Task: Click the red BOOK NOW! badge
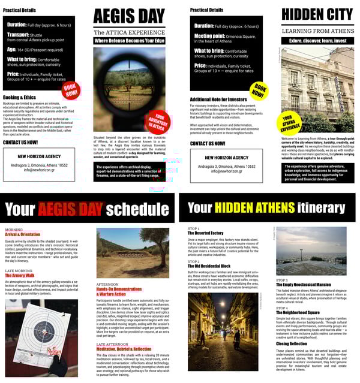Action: point(71,91)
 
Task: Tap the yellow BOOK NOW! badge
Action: point(257,91)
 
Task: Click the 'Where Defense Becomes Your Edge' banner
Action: point(129,41)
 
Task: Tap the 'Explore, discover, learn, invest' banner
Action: point(316,41)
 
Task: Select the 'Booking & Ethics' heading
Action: point(19,96)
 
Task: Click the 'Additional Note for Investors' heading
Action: point(218,99)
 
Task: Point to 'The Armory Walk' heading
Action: point(22,275)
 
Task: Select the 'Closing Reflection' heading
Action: point(292,343)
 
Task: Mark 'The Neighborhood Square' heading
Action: point(298,312)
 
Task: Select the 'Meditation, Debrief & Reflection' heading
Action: point(124,348)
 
